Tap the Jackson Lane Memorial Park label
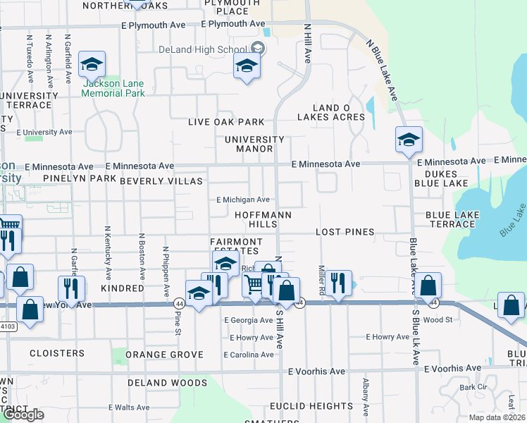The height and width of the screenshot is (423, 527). point(113,87)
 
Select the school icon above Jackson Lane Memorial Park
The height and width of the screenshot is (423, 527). point(92,65)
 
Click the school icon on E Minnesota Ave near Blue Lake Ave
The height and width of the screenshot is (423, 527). point(409,140)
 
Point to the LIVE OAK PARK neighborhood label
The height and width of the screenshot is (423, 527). point(226,122)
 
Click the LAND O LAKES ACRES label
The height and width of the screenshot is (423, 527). point(339,112)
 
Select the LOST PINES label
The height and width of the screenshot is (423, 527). point(345,232)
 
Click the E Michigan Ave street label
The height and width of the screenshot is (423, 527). point(243,200)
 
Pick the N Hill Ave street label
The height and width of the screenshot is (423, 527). point(307,42)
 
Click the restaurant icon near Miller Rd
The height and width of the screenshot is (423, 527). point(338,284)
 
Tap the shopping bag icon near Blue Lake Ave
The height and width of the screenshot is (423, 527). point(428,286)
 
